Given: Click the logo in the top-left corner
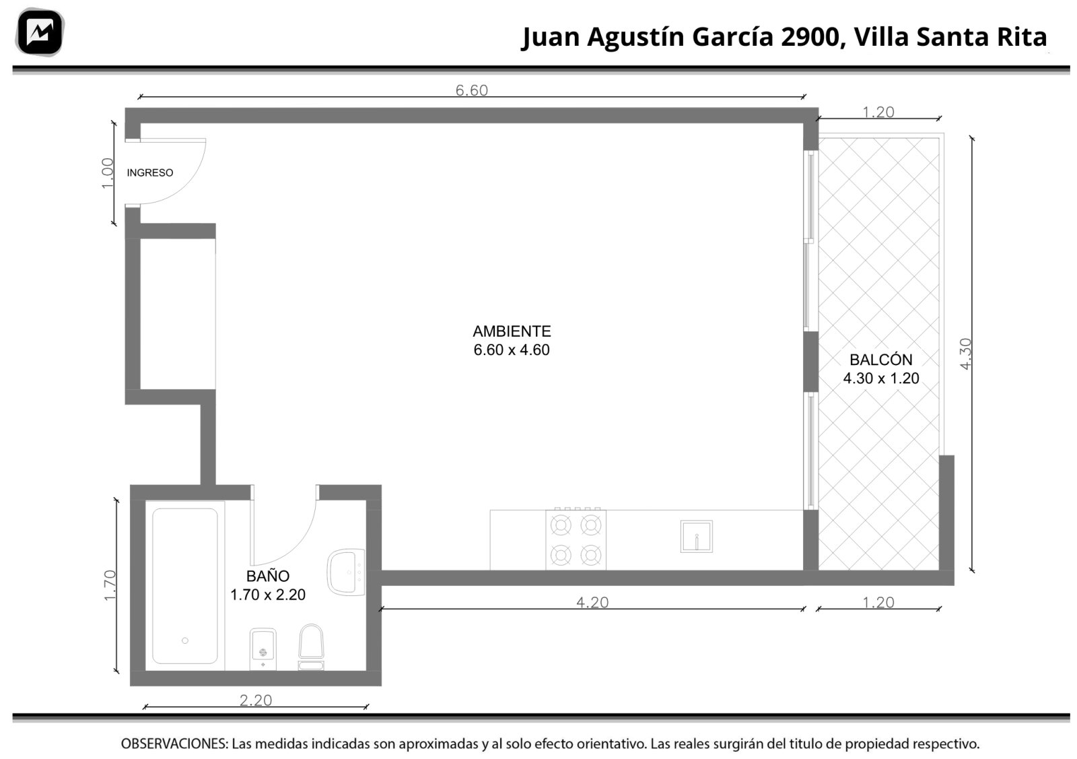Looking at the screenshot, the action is (40, 32).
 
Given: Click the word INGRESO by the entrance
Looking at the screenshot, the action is (150, 172).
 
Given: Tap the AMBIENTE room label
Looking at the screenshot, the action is (512, 331).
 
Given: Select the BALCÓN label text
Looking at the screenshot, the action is (881, 360).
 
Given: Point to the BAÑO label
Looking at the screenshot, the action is (268, 576).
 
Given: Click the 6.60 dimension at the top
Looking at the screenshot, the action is (472, 90).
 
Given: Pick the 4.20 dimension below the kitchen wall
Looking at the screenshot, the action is (592, 602).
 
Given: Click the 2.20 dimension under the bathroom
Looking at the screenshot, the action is (256, 700).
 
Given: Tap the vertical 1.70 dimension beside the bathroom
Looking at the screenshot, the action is (110, 585).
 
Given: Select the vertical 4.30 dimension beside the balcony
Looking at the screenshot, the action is (965, 354).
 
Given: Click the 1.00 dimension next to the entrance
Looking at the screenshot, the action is (108, 174).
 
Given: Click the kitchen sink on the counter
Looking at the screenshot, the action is (696, 536).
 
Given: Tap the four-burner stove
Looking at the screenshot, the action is (576, 539).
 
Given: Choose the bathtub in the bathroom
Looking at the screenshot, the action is (185, 586).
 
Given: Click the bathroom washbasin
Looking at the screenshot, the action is (346, 572).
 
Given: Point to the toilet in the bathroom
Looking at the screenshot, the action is (311, 647).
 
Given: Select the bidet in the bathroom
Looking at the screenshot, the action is (263, 649).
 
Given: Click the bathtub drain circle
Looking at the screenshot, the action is (185, 640).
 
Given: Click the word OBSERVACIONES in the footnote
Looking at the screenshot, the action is (174, 744).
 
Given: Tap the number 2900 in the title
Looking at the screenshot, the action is (810, 37).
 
